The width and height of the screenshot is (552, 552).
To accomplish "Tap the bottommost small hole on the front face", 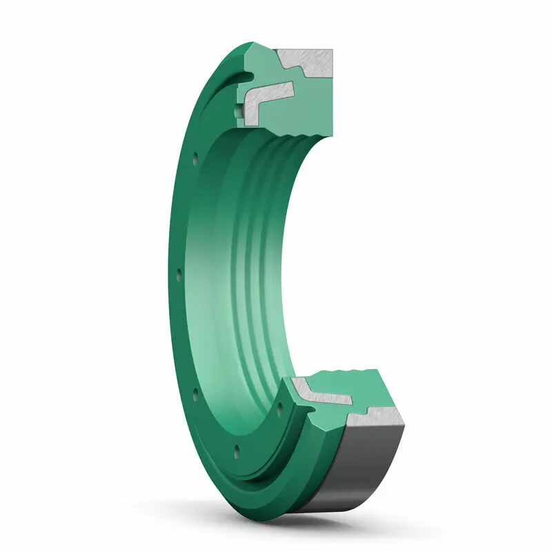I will click(237, 449).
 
